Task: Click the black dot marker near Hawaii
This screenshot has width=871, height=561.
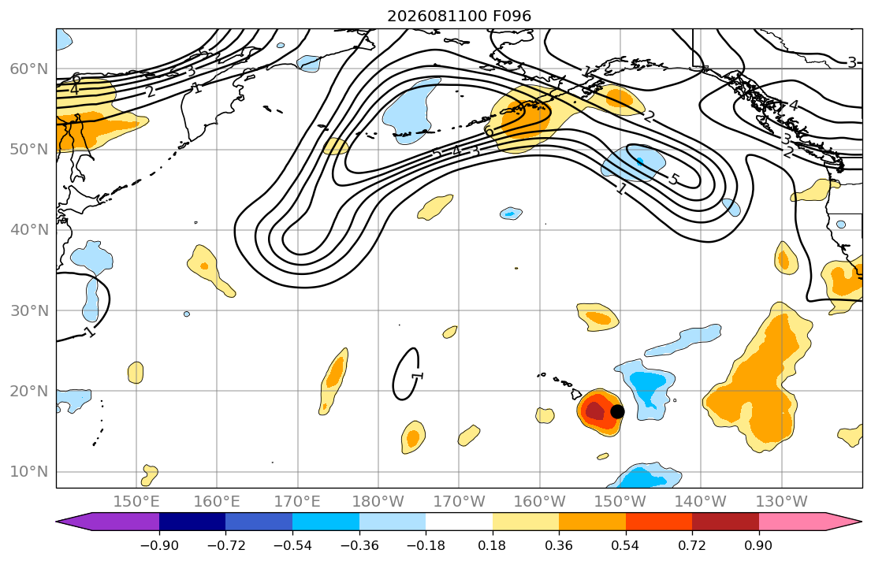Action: tap(617, 411)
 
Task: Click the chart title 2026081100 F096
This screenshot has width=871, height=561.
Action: tap(459, 16)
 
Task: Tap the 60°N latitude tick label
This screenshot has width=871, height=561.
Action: tap(29, 69)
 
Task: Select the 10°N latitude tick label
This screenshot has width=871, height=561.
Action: tap(29, 472)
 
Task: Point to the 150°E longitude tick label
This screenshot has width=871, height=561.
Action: tap(136, 502)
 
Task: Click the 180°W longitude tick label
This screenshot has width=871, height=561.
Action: tap(378, 502)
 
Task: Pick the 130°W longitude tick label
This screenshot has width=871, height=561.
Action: tap(782, 502)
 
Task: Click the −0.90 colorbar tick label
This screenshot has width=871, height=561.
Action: tap(159, 545)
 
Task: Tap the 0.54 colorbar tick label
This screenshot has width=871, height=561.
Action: tap(626, 545)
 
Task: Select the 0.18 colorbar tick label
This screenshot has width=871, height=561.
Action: tap(492, 545)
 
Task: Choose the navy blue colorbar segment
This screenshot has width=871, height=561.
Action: tap(192, 522)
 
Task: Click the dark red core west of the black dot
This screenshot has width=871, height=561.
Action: tap(594, 411)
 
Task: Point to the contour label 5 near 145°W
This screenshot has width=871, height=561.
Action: tap(673, 179)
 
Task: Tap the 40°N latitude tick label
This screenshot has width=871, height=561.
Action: tap(29, 230)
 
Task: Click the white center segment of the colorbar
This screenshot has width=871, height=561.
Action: tap(459, 522)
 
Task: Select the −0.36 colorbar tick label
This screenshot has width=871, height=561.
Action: tap(359, 545)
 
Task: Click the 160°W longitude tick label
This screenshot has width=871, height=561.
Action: tap(539, 502)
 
